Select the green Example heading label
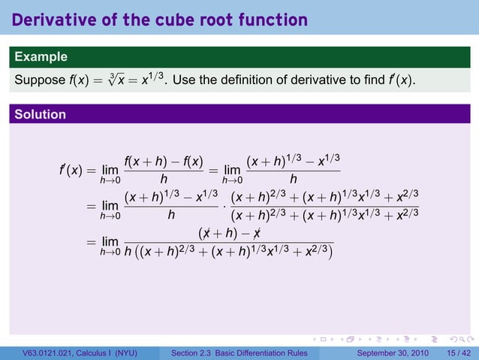(x=41, y=56)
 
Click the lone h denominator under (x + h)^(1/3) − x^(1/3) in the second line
(x=171, y=216)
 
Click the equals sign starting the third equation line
(x=90, y=242)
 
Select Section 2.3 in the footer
(x=193, y=352)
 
